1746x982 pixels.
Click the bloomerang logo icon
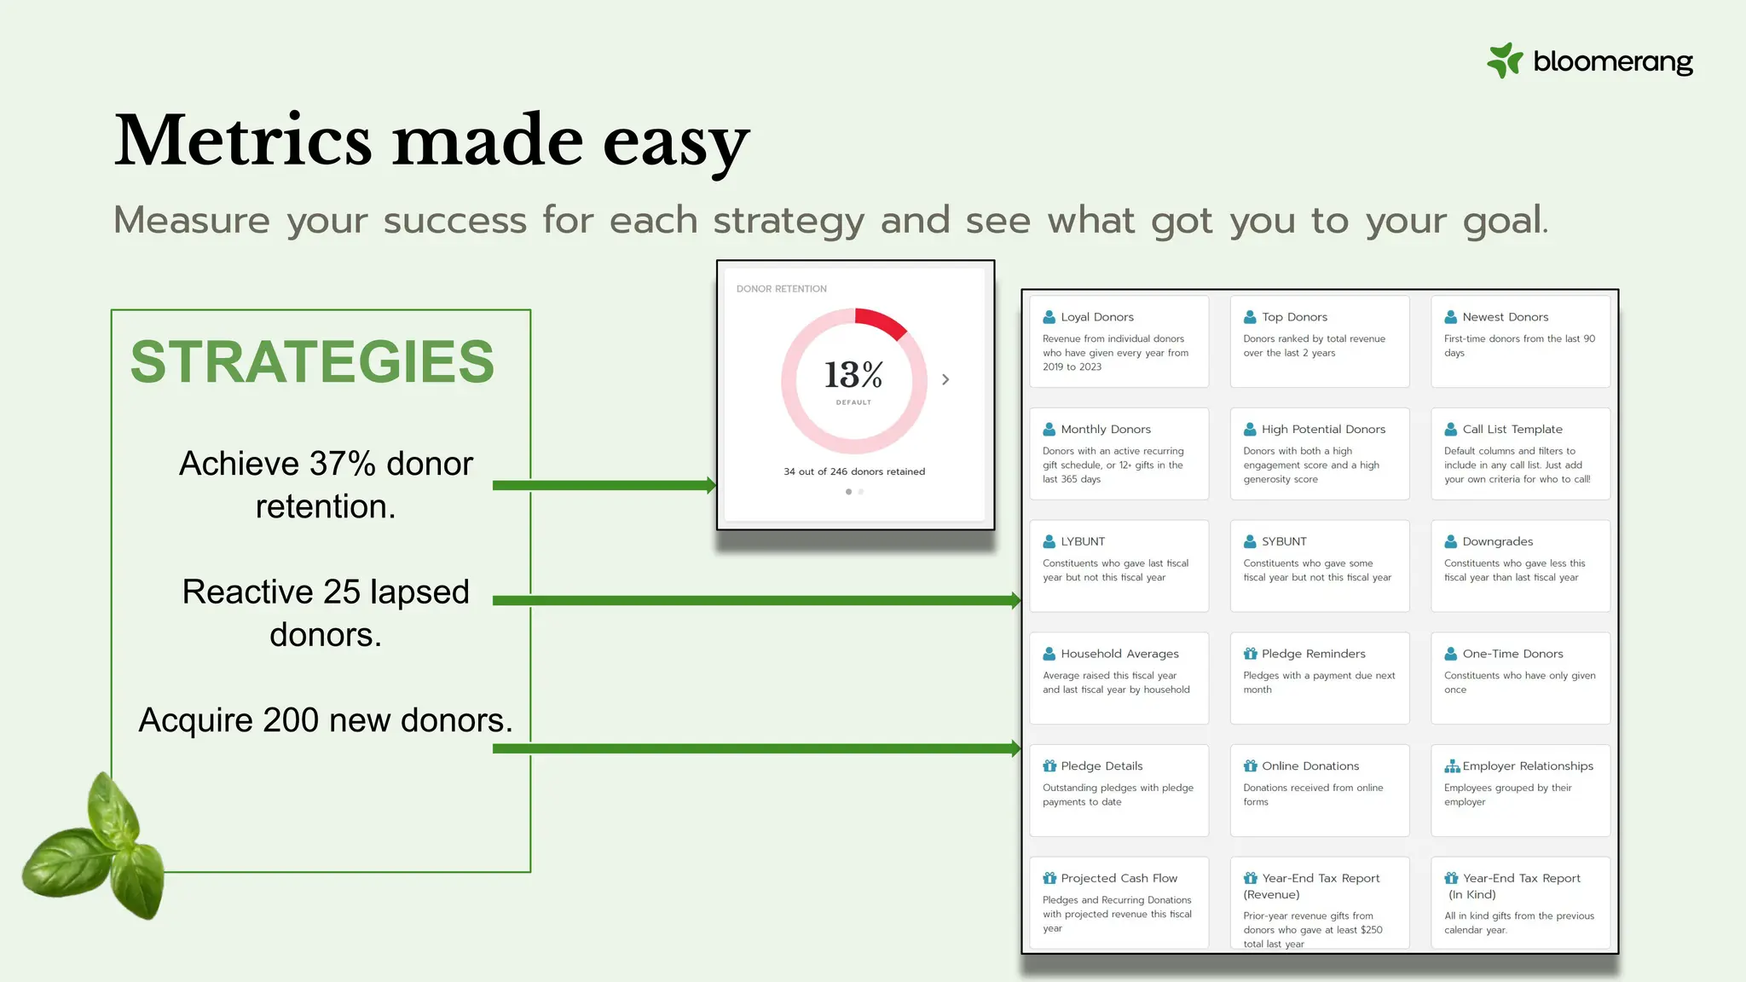1505,61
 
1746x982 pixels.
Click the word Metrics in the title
243,141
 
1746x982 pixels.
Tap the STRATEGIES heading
312,362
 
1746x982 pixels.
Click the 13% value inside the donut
853,375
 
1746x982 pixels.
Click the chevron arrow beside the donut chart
945,379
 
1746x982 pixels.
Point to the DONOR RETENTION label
781,289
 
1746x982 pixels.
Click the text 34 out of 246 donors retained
854,471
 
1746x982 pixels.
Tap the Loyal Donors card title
1096,317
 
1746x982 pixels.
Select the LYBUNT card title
1082,541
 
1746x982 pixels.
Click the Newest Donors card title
1505,317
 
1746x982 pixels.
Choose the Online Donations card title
1309,766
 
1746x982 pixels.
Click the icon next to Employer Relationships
1451,766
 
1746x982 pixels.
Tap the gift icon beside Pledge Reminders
1250,654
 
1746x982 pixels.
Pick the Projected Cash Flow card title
1119,878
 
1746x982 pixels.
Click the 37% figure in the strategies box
342,464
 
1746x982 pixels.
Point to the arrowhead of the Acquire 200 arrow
1015,748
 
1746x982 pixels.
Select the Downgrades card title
1497,541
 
